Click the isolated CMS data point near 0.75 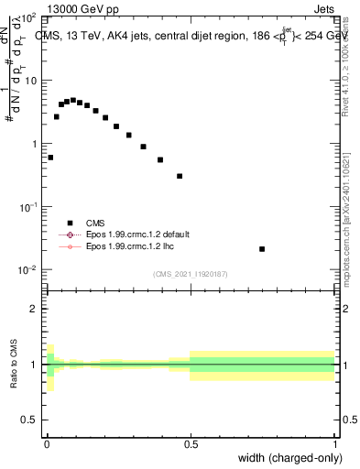262,249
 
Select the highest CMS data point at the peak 73,100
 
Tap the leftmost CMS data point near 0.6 50,158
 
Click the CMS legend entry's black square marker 70,223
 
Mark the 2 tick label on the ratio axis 34,309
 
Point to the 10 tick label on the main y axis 30,81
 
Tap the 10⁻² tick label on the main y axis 28,269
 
